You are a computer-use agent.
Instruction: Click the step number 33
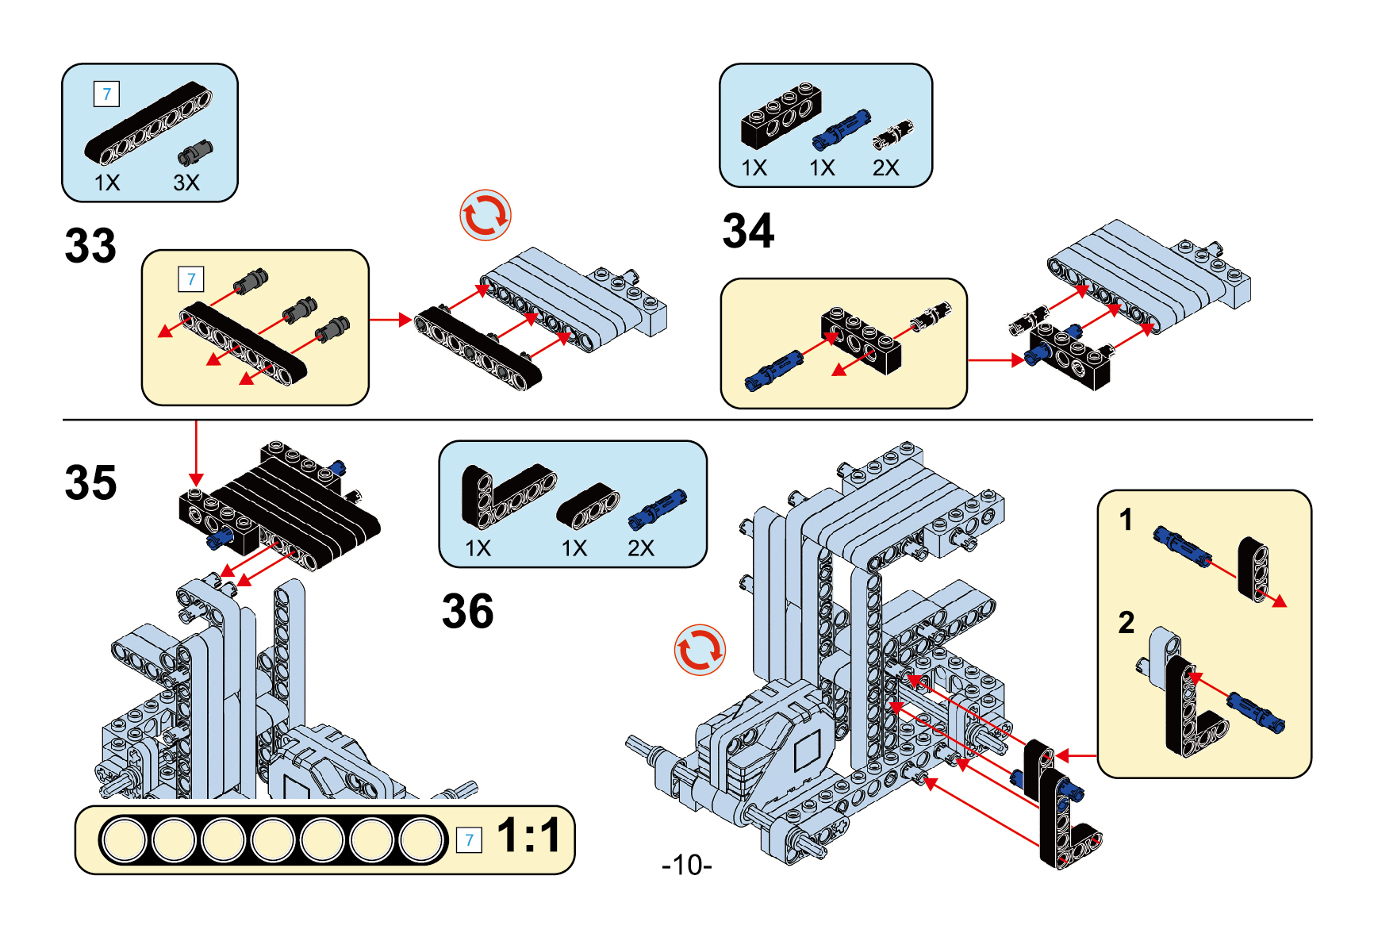tap(90, 246)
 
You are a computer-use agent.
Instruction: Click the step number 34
tap(748, 231)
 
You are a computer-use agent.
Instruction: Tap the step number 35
tap(90, 482)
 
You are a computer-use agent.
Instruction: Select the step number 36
tap(468, 611)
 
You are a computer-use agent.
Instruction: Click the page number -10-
tap(687, 865)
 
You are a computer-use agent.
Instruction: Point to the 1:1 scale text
tap(528, 835)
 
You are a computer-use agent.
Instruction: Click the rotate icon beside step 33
tap(486, 215)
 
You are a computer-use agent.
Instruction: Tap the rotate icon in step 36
tap(700, 650)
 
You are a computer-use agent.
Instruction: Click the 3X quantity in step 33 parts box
tap(186, 182)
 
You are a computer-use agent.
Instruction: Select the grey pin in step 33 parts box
tap(195, 152)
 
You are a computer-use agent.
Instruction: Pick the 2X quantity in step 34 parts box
tap(885, 168)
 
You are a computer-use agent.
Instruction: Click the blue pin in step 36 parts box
tap(657, 509)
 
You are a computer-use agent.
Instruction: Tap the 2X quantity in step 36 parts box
tap(641, 548)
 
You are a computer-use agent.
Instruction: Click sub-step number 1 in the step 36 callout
tap(1126, 520)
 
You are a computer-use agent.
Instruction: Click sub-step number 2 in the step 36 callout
tap(1126, 623)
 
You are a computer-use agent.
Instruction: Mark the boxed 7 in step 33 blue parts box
tap(107, 94)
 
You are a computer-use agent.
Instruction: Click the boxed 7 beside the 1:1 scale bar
tap(470, 840)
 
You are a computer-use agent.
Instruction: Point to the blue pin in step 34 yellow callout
tap(773, 371)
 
